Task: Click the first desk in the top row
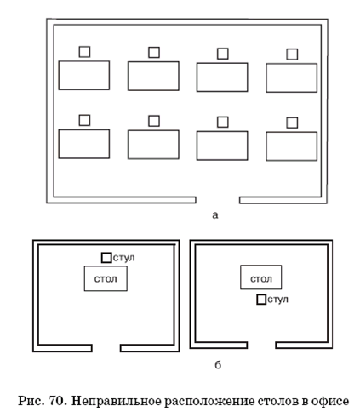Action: [84, 75]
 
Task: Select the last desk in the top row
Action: [291, 77]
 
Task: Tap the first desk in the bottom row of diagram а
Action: [84, 144]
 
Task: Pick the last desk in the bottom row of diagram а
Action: [291, 146]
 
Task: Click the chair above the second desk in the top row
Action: [154, 53]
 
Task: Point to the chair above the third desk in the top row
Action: [223, 54]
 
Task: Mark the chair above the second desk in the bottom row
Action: [154, 121]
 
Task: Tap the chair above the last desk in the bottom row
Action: [292, 123]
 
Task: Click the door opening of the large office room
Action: [218, 200]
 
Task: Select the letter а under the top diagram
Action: [215, 215]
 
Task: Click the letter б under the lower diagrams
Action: [218, 364]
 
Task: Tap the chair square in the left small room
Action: [106, 258]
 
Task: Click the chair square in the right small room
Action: [261, 300]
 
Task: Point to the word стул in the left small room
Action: [123, 258]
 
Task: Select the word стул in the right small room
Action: [277, 300]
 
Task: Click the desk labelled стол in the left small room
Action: [106, 278]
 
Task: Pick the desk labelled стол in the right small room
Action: [261, 277]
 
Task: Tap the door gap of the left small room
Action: [106, 348]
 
